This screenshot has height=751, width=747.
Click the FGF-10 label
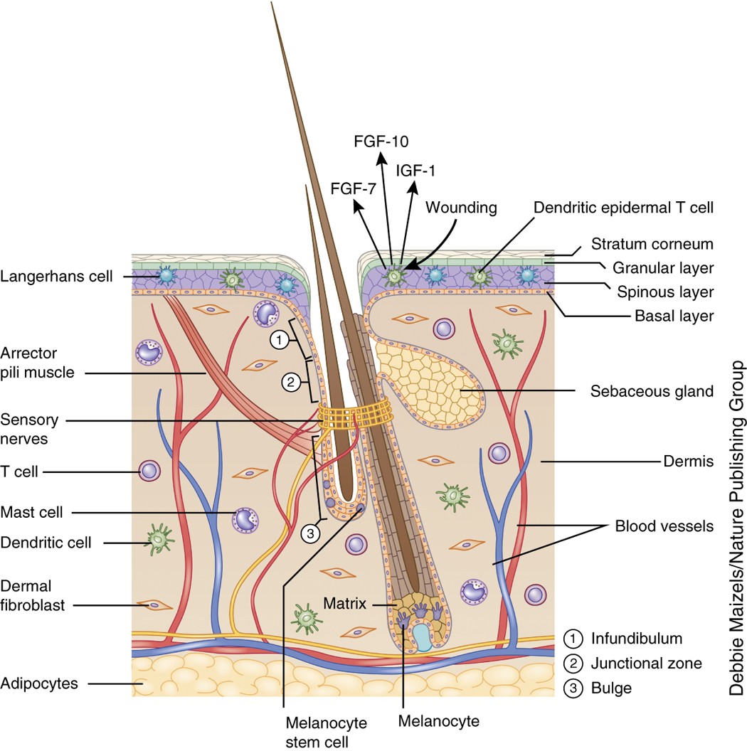381,140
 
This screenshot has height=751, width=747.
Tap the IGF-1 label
418,170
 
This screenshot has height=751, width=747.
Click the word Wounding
460,208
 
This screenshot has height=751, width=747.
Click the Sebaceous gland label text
652,390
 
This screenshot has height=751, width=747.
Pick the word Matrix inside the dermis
346,604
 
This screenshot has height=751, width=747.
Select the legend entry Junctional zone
646,664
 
